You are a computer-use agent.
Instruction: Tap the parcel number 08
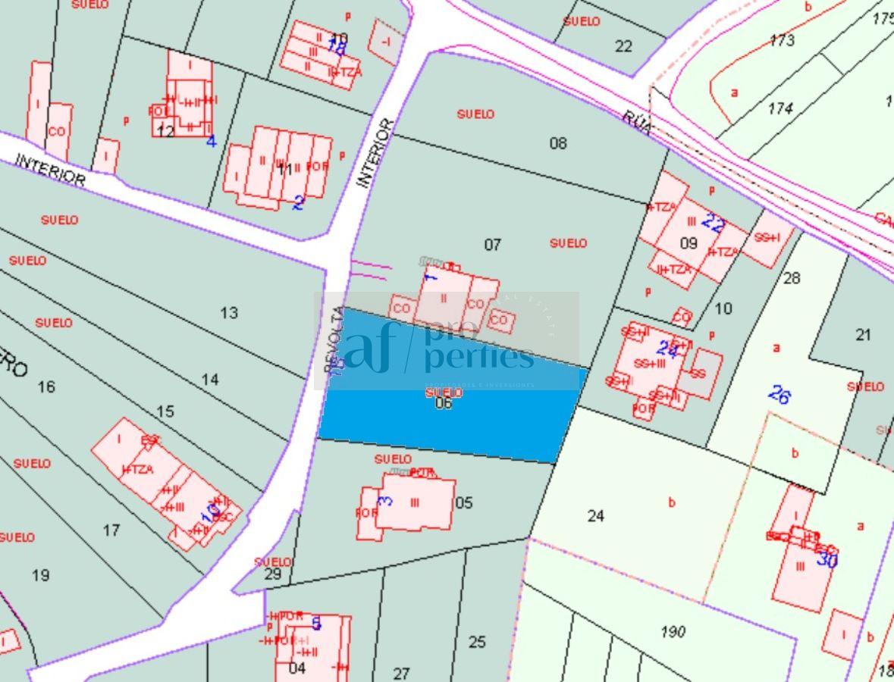pyautogui.click(x=558, y=142)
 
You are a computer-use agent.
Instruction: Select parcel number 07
pyautogui.click(x=493, y=244)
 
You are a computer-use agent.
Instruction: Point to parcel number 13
pyautogui.click(x=229, y=312)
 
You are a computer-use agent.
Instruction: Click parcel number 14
pyautogui.click(x=210, y=379)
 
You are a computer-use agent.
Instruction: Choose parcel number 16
pyautogui.click(x=46, y=387)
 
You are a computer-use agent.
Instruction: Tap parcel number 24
pyautogui.click(x=596, y=516)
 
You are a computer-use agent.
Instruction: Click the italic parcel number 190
pyautogui.click(x=673, y=631)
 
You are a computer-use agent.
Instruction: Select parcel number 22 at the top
pyautogui.click(x=623, y=46)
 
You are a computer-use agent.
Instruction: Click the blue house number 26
pyautogui.click(x=780, y=394)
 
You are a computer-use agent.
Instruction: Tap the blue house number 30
pyautogui.click(x=827, y=560)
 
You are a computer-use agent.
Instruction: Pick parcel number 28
pyautogui.click(x=792, y=278)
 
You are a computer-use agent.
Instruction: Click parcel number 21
pyautogui.click(x=863, y=335)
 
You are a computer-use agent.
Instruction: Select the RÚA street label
pyautogui.click(x=637, y=121)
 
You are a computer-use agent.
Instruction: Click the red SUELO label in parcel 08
pyautogui.click(x=475, y=114)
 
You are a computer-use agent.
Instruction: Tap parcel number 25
pyautogui.click(x=477, y=643)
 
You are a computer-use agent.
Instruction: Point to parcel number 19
pyautogui.click(x=41, y=575)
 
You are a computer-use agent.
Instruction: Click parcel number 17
pyautogui.click(x=111, y=530)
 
